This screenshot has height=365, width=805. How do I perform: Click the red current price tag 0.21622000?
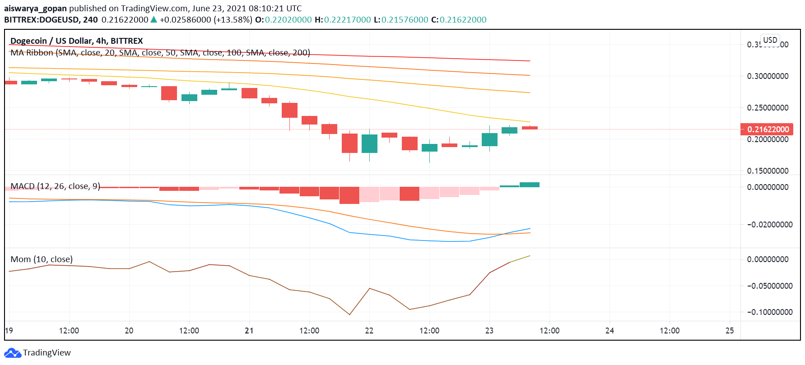tap(767, 129)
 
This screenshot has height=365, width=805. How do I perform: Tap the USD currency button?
tap(770, 40)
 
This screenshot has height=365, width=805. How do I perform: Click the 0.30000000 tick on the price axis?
tap(768, 76)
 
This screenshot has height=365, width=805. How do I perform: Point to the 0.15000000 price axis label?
tap(768, 171)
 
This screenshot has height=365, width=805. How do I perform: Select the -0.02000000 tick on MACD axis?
tap(769, 225)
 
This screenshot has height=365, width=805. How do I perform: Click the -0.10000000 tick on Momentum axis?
tap(769, 312)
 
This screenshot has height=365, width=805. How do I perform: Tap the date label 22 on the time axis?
tap(369, 331)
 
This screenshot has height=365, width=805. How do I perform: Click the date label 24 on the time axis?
tap(610, 331)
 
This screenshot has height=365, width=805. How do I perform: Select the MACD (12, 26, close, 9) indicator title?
tap(55, 186)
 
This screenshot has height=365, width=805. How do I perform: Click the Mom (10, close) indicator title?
tap(42, 259)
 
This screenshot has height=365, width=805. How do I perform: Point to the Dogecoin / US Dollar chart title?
tap(76, 41)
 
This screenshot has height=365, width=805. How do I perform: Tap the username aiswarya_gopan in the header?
tap(35, 9)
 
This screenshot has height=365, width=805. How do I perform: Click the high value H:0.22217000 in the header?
tap(343, 20)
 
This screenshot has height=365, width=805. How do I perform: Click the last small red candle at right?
tap(530, 128)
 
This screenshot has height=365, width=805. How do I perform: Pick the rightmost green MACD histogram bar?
tap(530, 185)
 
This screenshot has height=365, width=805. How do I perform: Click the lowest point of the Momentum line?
tap(349, 314)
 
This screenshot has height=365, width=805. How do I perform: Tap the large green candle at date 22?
tap(369, 143)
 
